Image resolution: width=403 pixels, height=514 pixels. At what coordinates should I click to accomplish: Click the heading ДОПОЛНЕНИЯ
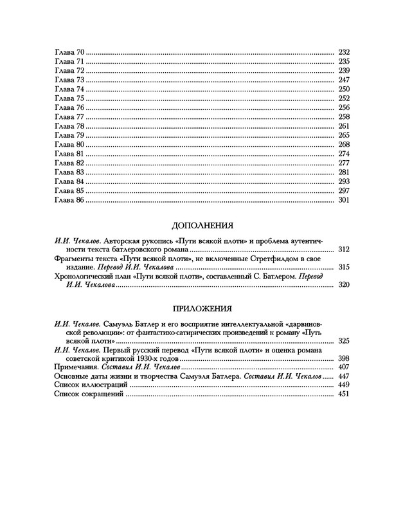point(201,226)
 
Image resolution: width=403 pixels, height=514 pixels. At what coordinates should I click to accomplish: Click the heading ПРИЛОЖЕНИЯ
point(201,308)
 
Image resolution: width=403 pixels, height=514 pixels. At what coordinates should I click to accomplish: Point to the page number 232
point(343,51)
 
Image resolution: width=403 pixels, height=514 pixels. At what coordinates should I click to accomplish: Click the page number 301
point(343,201)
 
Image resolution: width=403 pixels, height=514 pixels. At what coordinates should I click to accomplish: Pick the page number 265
point(343,135)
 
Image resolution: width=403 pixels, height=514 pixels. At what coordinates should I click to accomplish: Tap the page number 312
point(343,248)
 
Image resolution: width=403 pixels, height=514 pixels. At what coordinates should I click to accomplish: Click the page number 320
point(343,284)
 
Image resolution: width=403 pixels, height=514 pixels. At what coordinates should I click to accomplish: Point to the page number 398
point(343,358)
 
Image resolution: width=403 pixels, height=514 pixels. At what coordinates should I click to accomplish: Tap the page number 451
point(343,394)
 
